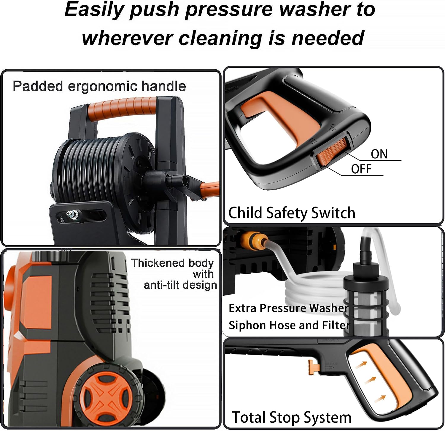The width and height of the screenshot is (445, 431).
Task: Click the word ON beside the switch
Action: [x=379, y=154]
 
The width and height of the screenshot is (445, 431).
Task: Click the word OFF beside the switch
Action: [x=361, y=169]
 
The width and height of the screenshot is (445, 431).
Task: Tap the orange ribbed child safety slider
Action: [x=332, y=151]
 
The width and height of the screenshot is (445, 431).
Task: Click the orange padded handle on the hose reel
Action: [x=122, y=107]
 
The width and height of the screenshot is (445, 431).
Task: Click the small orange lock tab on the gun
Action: [x=314, y=366]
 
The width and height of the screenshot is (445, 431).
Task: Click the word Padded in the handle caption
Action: [x=38, y=86]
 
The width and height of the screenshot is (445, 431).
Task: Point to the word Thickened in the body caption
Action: [x=158, y=263]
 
